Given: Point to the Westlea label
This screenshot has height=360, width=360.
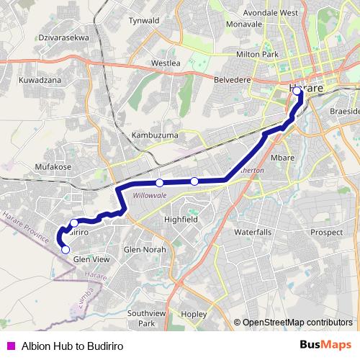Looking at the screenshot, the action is coord(166,63).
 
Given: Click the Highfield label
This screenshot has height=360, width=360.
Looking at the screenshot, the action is coord(181,219).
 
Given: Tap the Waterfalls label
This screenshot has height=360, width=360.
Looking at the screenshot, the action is coord(253,232).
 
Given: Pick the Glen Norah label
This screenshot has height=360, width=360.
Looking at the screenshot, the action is coord(145,249).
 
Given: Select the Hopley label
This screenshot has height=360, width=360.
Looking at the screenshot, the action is coord(194,314).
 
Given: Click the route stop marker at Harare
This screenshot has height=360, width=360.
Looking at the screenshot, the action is coord(297,91).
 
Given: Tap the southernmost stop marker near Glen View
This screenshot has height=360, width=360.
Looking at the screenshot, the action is coord(66,250).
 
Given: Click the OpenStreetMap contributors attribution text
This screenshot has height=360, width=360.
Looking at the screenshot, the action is coord(297,322).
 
